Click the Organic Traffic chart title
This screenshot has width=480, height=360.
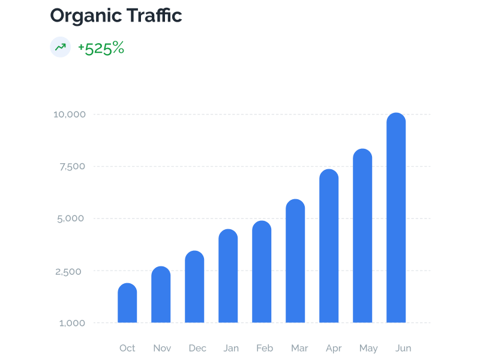click(x=116, y=16)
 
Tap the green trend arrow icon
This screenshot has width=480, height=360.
click(x=61, y=47)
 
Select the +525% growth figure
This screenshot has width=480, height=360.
click(x=101, y=48)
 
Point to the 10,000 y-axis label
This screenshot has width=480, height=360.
click(x=70, y=114)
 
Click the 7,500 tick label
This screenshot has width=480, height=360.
click(x=73, y=166)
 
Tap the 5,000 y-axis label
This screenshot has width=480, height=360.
click(x=72, y=218)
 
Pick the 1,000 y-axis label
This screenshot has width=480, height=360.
click(x=73, y=323)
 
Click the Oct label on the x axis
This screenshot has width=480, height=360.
click(x=127, y=348)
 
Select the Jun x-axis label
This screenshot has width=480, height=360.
click(x=403, y=348)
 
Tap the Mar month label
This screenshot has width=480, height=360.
click(x=299, y=348)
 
